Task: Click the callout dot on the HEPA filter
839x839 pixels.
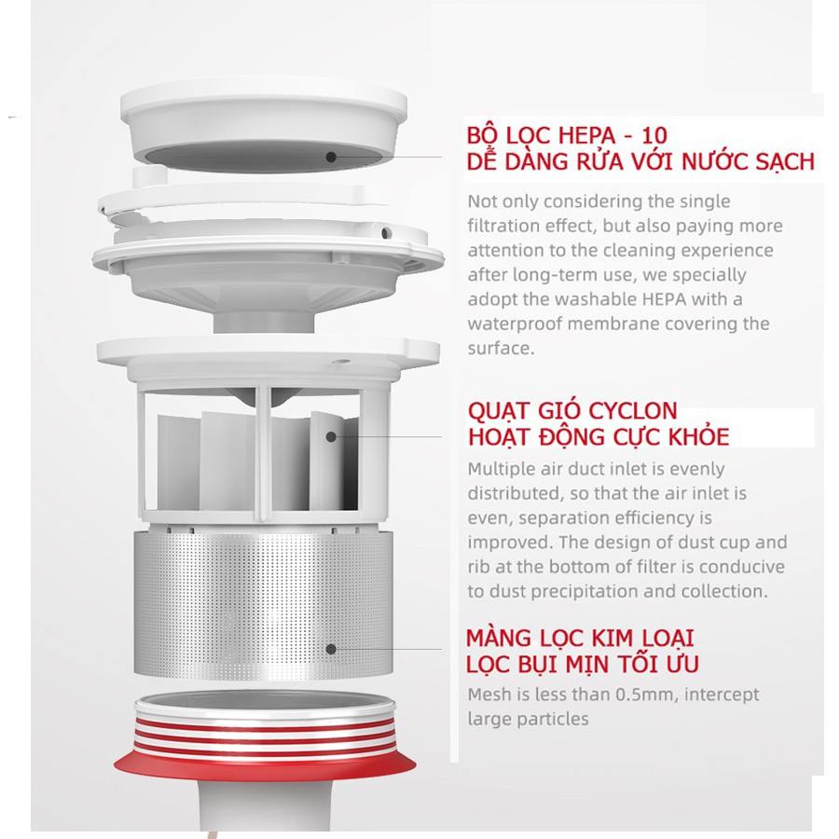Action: tap(331, 157)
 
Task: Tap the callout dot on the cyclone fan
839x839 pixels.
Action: tap(331, 436)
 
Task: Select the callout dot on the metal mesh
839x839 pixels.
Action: tap(331, 649)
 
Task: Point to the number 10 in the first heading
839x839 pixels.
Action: tap(653, 135)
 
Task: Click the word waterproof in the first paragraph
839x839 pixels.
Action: tap(515, 324)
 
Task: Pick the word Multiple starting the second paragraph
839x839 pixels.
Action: tap(500, 469)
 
